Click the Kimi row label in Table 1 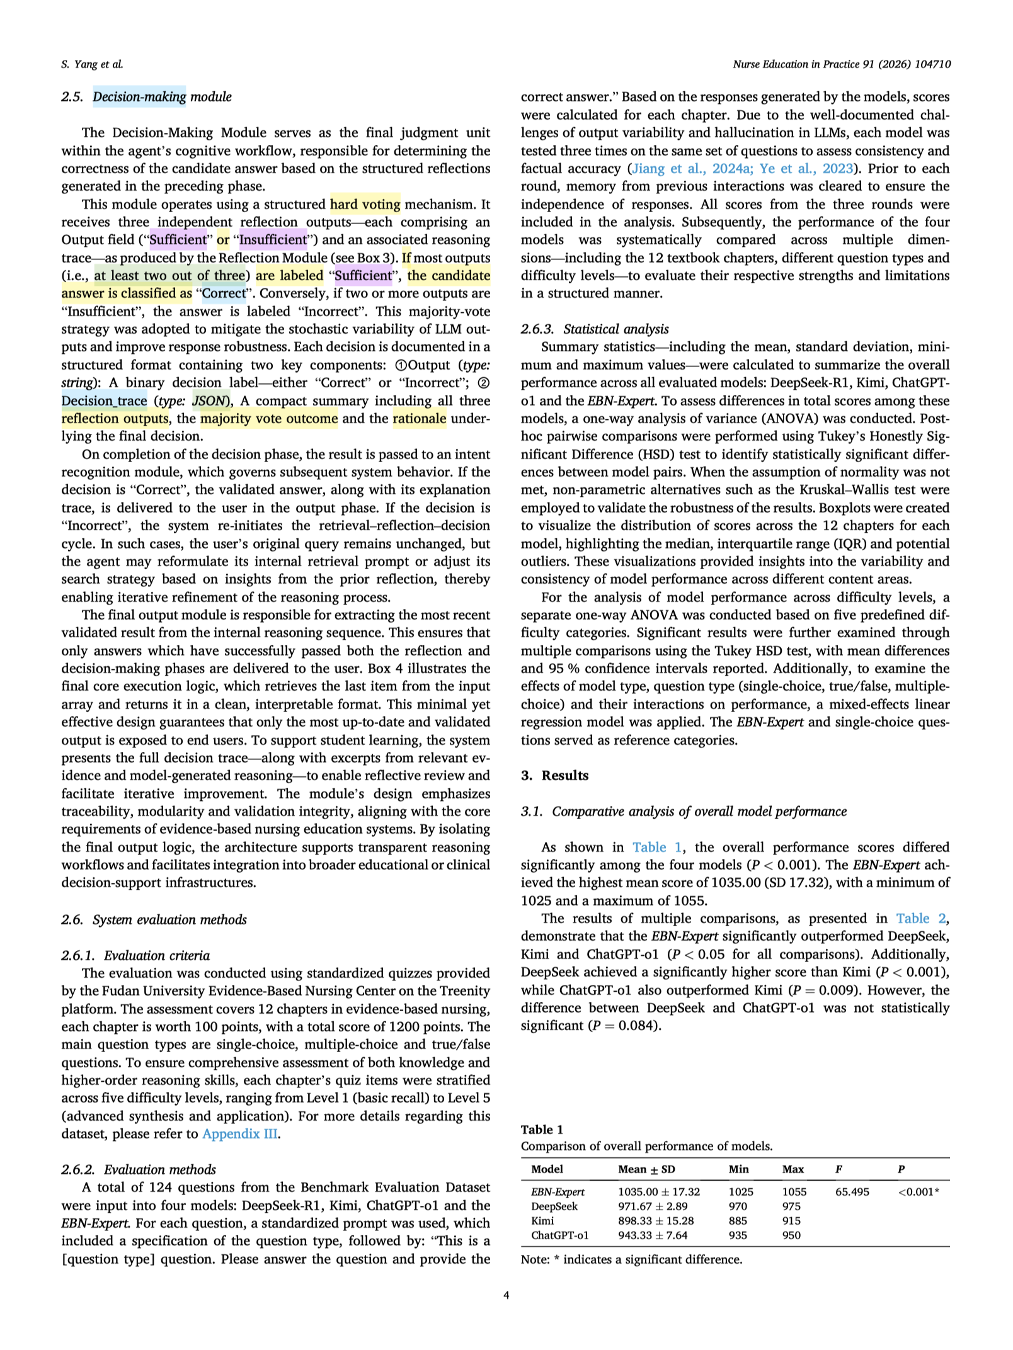542,1220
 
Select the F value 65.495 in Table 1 852,1191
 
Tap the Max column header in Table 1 793,1169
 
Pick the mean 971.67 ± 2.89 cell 653,1206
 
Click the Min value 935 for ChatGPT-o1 738,1235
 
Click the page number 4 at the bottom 506,1295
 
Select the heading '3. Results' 554,775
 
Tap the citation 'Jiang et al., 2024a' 680,168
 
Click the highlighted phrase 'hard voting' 365,204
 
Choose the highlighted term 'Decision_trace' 104,400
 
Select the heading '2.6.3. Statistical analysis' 595,329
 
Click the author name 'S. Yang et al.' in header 92,64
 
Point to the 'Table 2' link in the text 920,918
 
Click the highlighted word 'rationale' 419,418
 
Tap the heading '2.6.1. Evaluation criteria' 135,955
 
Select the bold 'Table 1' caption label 542,1129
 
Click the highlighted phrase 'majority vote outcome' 268,418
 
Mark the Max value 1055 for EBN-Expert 794,1191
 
